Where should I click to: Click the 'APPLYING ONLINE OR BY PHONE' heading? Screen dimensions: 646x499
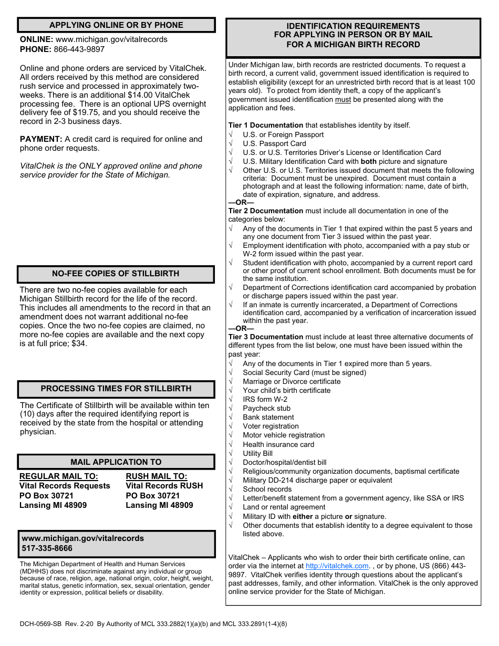point(116,25)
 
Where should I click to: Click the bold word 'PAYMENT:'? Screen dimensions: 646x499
point(41,139)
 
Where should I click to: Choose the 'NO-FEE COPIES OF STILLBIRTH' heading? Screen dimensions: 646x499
point(116,274)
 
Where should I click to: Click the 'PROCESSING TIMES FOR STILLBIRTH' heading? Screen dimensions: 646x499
point(116,389)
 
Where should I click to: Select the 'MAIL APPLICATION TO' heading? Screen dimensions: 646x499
point(116,462)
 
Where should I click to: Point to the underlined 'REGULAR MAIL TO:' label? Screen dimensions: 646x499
point(59,476)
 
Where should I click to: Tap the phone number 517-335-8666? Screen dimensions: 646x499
point(47,548)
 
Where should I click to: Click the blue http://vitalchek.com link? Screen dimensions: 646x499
point(337,566)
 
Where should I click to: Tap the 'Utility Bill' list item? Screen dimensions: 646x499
point(258,453)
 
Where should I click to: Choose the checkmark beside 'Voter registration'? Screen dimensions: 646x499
point(231,426)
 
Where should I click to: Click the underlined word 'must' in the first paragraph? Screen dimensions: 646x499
point(343,99)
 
